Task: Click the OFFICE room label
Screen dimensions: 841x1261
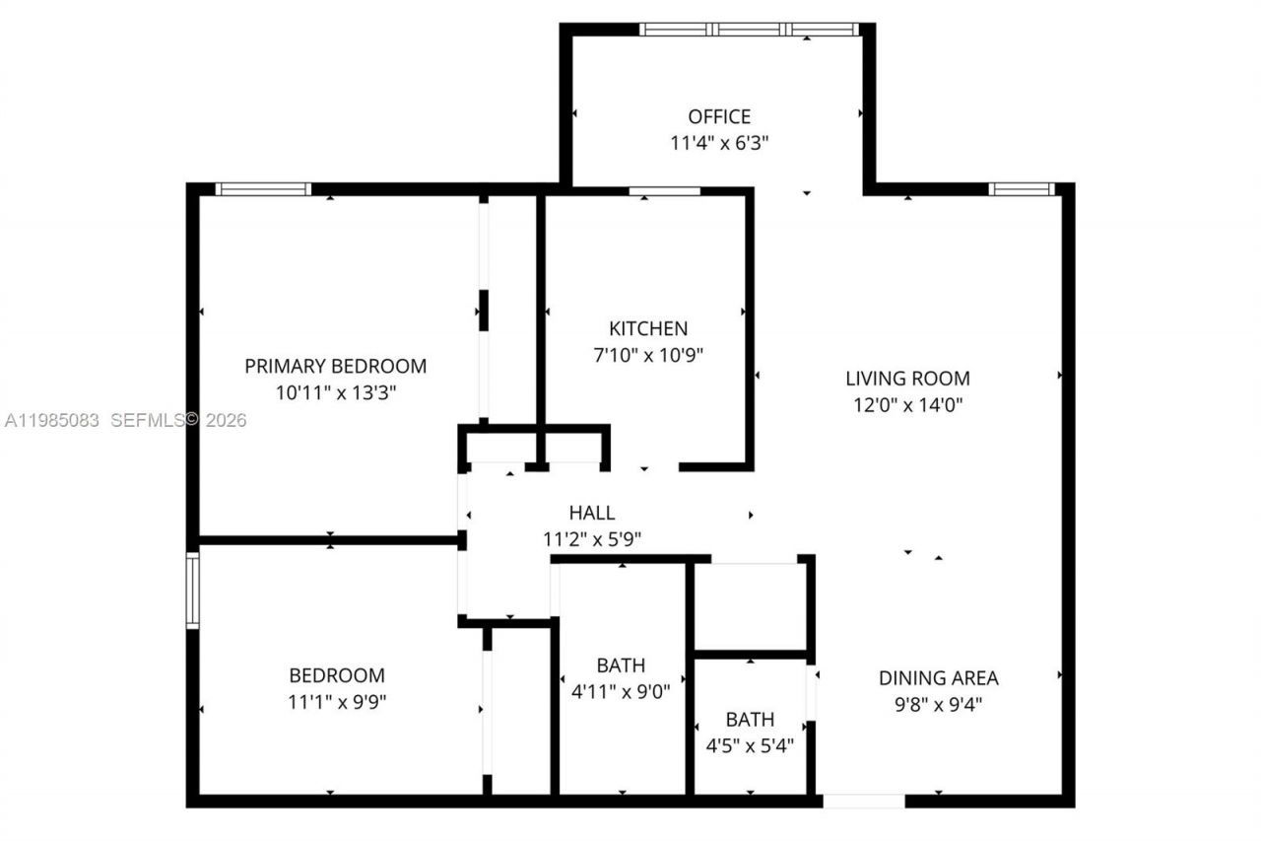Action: [x=719, y=116]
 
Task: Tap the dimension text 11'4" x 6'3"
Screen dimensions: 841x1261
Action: [x=719, y=143]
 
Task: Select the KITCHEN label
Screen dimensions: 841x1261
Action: [x=648, y=328]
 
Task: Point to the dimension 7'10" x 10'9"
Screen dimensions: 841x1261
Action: [x=648, y=355]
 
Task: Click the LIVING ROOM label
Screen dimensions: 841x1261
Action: [x=907, y=378]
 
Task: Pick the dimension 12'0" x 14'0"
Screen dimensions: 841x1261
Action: [x=907, y=404]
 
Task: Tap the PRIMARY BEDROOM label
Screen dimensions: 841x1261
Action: [x=336, y=366]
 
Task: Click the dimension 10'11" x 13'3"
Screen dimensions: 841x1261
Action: [x=336, y=392]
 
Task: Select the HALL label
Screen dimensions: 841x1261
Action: [x=592, y=513]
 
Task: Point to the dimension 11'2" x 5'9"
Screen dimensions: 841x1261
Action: [x=592, y=539]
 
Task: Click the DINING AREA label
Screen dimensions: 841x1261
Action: [x=938, y=678]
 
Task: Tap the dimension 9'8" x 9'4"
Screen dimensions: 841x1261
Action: [x=938, y=705]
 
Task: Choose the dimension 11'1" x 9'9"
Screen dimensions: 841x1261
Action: [x=337, y=703]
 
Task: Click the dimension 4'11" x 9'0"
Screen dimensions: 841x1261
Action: [x=621, y=692]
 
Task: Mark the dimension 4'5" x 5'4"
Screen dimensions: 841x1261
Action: [x=750, y=745]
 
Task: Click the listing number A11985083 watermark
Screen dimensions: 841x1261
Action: [x=52, y=421]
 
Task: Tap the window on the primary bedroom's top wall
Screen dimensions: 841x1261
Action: [x=263, y=189]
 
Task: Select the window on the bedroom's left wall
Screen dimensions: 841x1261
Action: [x=193, y=591]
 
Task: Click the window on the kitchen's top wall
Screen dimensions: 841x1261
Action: [x=664, y=191]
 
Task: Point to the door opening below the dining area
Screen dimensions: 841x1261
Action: [x=864, y=801]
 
